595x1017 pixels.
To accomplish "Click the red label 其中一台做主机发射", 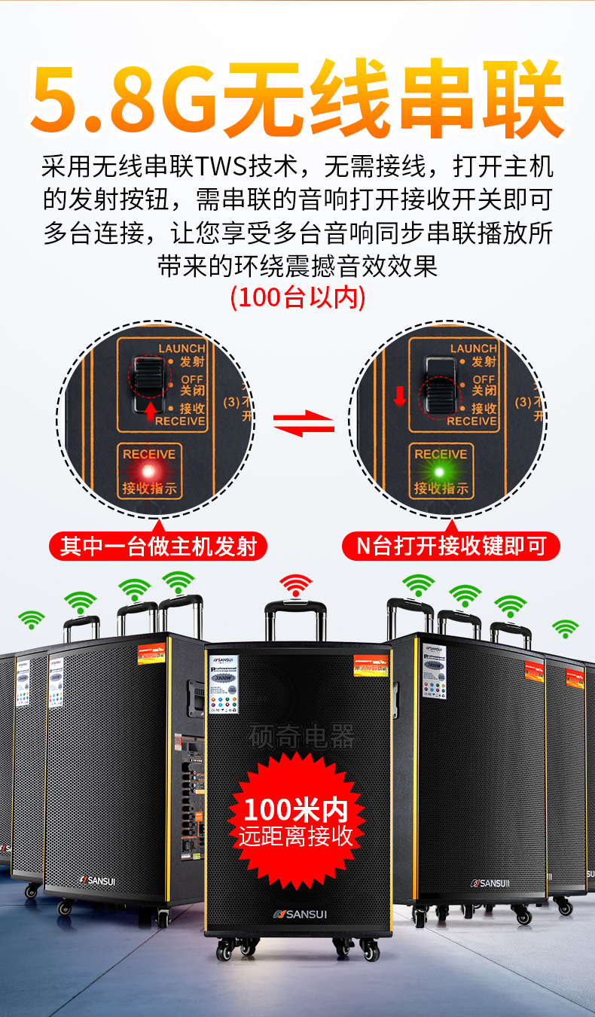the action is tap(158, 546).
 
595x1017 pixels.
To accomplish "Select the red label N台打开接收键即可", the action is tap(450, 546).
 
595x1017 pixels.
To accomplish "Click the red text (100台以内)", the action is tap(297, 297).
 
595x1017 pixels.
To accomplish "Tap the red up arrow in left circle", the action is tap(150, 411).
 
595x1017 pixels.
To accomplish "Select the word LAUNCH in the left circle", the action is tap(182, 348).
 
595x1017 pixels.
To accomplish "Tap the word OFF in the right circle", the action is tap(484, 379).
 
